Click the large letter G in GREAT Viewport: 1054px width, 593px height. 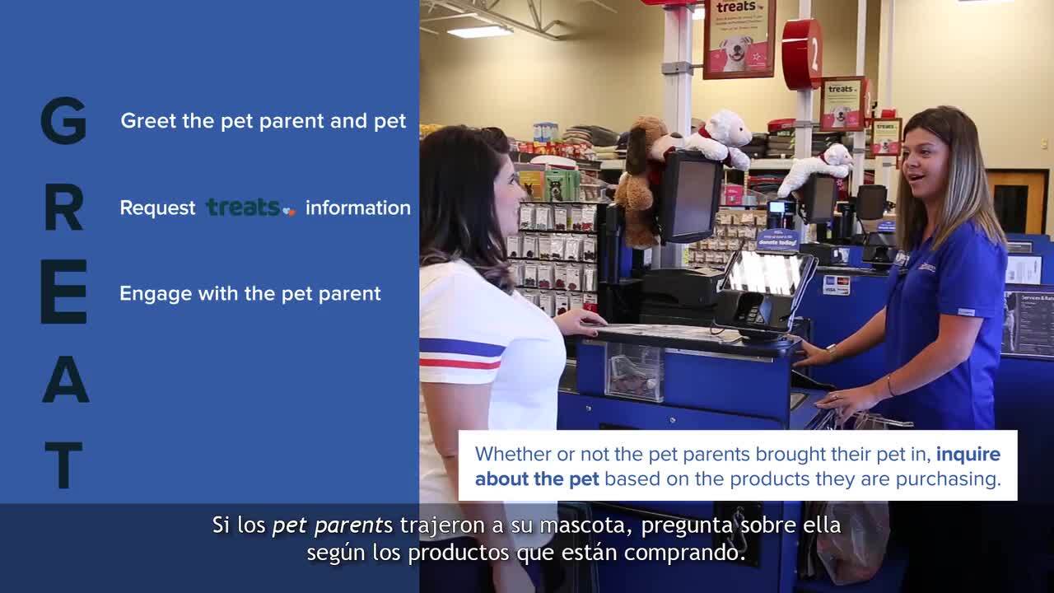[x=64, y=120]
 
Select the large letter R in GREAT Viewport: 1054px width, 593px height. [x=64, y=207]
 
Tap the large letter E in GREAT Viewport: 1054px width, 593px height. [x=64, y=292]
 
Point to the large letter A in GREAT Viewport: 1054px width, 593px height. [x=65, y=380]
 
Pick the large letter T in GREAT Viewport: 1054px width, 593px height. [x=64, y=465]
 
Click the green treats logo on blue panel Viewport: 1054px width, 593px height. [x=251, y=207]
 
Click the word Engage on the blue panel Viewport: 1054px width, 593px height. [x=156, y=295]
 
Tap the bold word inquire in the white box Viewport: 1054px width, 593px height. [x=968, y=455]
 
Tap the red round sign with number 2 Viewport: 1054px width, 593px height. [x=802, y=54]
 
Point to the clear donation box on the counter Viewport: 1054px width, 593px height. [x=634, y=371]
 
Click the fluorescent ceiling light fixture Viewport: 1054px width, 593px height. [x=479, y=32]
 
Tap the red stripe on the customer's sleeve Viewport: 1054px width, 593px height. [x=460, y=364]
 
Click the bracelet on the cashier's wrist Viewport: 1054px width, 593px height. [x=890, y=386]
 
